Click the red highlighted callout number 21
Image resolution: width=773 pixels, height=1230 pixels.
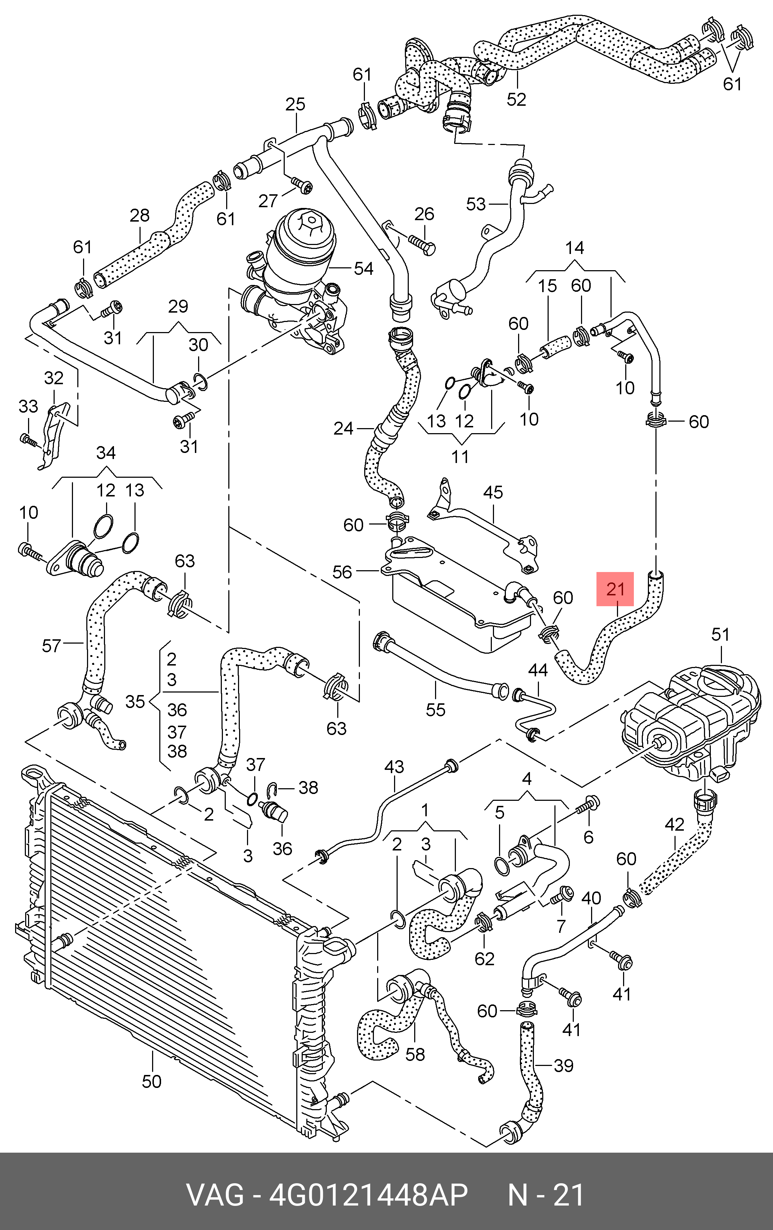pyautogui.click(x=615, y=589)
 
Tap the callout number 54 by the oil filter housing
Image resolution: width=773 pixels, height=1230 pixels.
pyautogui.click(x=363, y=269)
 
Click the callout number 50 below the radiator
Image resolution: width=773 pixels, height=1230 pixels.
pyautogui.click(x=152, y=1081)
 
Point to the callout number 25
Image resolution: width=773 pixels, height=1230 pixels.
pyautogui.click(x=295, y=104)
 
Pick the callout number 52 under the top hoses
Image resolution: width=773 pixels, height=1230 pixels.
pyautogui.click(x=516, y=99)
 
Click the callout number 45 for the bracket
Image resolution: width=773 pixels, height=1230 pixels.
pyautogui.click(x=493, y=493)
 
